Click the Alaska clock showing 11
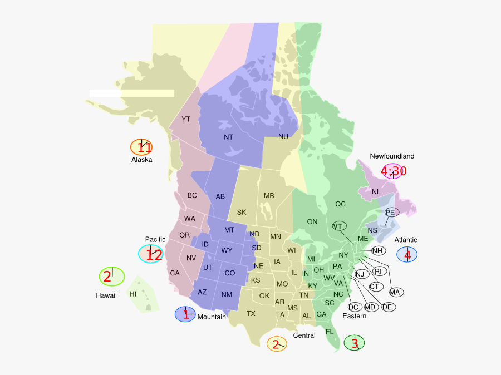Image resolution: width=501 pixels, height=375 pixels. point(141,147)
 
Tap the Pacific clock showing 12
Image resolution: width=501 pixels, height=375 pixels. point(151,254)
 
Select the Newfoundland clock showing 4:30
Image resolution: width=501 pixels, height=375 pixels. point(394,171)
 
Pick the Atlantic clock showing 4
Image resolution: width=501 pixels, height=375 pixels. point(407,255)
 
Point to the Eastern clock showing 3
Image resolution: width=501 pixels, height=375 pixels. point(355,343)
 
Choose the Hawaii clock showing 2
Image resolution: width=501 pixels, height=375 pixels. point(112,276)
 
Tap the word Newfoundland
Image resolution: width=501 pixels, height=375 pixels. point(392,156)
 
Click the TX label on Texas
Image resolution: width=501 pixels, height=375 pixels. point(251,314)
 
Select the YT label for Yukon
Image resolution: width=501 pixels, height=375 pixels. point(186,119)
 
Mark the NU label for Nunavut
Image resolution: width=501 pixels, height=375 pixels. point(283,136)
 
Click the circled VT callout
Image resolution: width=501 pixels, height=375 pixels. point(338,226)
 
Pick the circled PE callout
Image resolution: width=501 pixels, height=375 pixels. point(390,213)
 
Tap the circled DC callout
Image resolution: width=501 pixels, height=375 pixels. point(353,307)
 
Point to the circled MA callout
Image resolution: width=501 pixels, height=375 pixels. point(395,292)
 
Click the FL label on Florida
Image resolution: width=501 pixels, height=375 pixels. point(330,332)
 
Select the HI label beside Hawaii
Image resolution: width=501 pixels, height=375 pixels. point(133,294)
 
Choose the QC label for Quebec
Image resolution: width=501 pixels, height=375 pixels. point(340,204)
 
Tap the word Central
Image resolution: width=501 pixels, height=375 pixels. point(304,335)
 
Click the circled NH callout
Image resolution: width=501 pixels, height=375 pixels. point(379,251)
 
